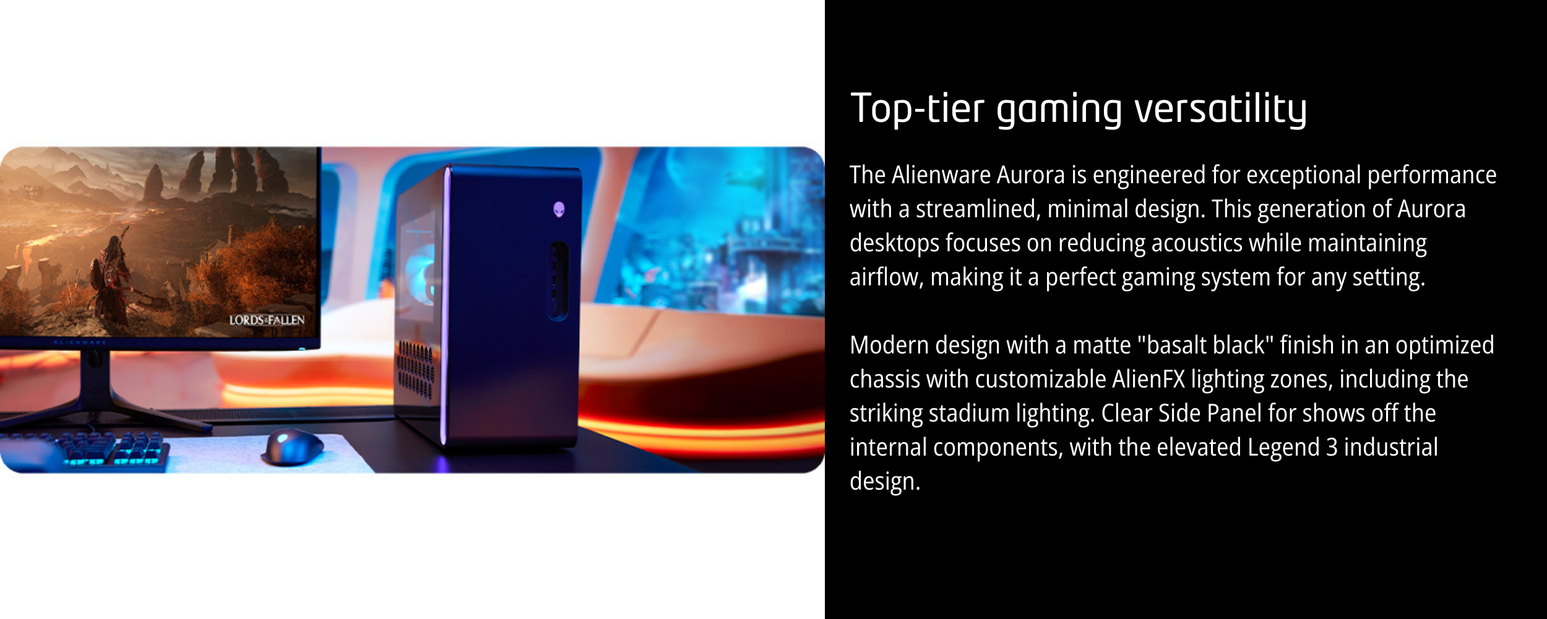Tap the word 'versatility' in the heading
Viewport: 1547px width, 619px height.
pos(1220,109)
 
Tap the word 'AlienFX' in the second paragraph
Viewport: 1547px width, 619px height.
pos(1148,379)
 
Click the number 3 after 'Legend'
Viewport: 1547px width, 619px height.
pos(1332,448)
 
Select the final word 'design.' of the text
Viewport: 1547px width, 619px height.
pos(885,482)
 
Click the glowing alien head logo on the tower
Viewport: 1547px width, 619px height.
pos(559,209)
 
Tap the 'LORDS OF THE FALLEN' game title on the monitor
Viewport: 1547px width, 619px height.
pos(267,320)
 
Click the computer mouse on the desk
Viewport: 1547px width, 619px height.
pos(293,447)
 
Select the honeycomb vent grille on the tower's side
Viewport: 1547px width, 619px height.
pos(415,369)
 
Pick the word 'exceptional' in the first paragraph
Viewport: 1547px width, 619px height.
pos(1303,175)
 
